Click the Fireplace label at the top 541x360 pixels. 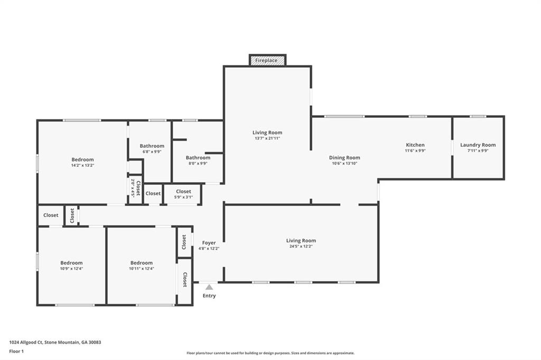266,61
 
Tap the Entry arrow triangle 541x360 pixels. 209,287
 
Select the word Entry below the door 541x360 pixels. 209,296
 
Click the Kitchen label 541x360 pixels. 415,145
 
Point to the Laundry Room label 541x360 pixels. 478,145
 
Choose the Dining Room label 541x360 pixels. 344,158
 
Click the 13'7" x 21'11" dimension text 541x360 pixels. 267,138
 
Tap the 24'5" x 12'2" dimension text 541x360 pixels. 301,247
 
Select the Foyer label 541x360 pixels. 209,243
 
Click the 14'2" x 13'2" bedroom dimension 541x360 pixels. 82,165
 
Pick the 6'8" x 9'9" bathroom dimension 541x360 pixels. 152,151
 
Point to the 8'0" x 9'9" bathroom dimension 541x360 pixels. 198,164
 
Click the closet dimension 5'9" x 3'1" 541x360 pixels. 183,197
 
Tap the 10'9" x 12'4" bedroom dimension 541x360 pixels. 71,269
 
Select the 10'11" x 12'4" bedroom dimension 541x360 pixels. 142,269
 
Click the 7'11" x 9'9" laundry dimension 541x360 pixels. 478,150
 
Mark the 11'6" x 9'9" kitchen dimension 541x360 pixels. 415,150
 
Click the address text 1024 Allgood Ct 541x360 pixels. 26,343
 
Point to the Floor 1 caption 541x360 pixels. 16,352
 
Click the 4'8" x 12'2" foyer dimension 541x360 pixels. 209,249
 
